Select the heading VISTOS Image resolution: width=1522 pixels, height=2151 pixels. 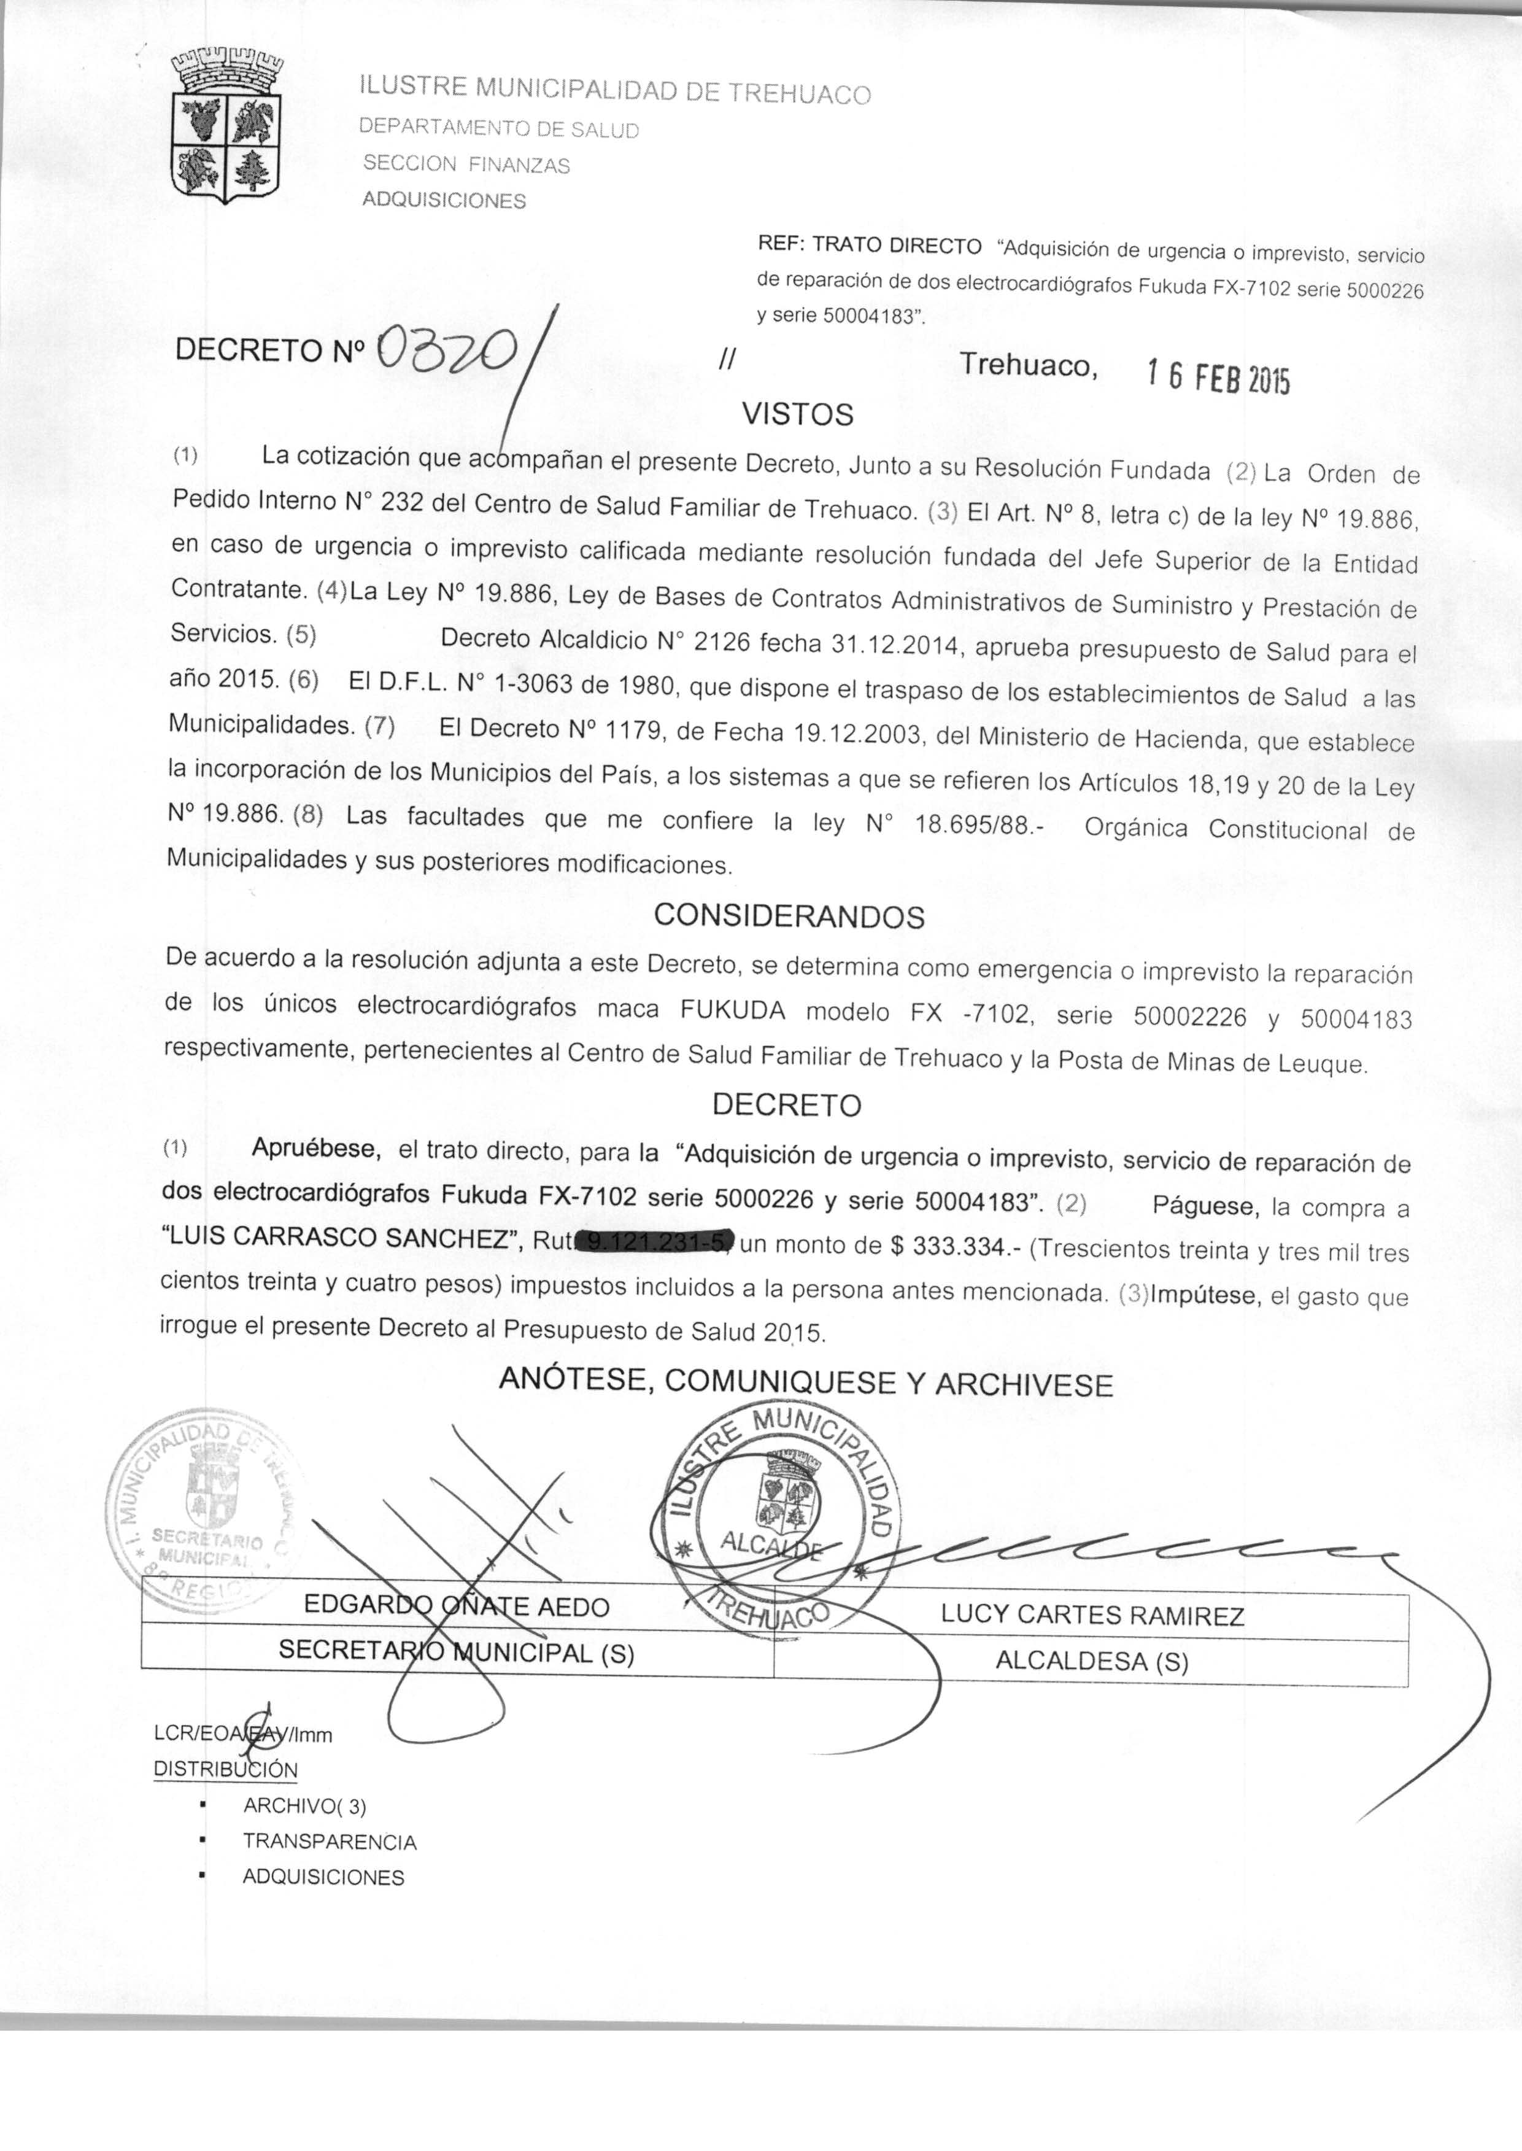point(798,413)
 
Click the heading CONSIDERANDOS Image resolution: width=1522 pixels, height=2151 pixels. point(789,916)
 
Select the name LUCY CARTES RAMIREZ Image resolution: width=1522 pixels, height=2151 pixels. point(1092,1615)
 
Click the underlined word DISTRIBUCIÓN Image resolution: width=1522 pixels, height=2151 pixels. point(225,1770)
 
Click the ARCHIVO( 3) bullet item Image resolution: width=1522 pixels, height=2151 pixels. point(304,1805)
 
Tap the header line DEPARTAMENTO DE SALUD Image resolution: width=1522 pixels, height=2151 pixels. point(500,130)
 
